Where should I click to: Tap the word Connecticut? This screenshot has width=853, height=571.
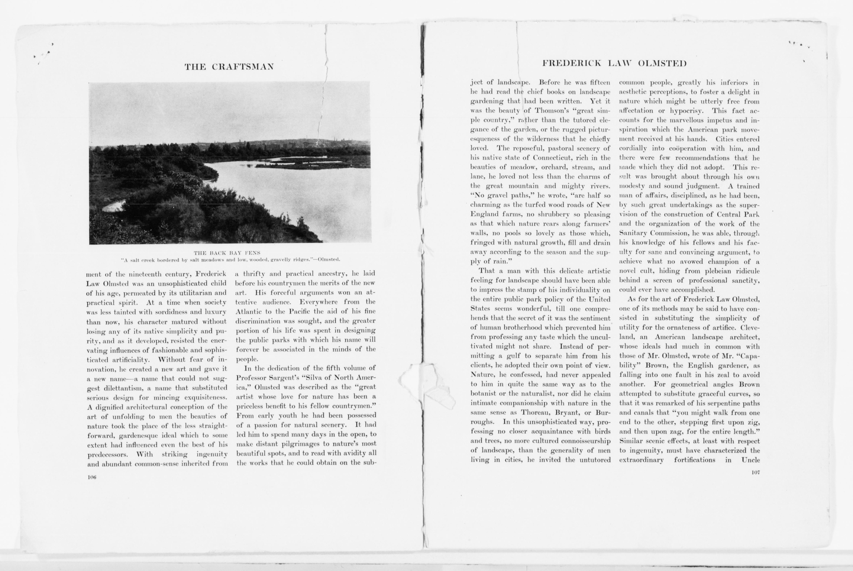(554, 158)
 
